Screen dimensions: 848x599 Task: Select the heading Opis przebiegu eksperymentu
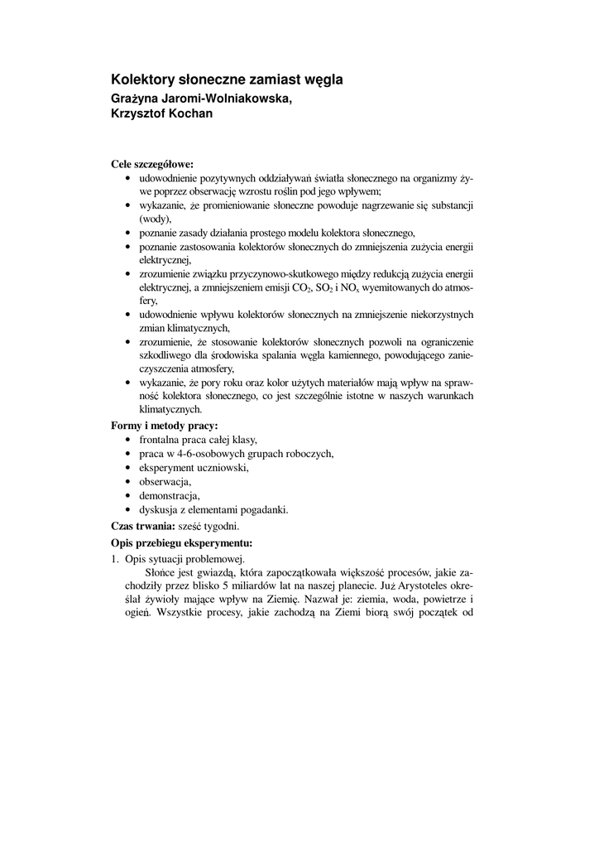(181, 543)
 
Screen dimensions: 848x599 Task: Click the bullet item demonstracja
(169, 495)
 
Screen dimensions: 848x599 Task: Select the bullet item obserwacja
(165, 481)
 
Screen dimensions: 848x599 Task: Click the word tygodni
(222, 526)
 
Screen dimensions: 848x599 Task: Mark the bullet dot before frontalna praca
(127, 440)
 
